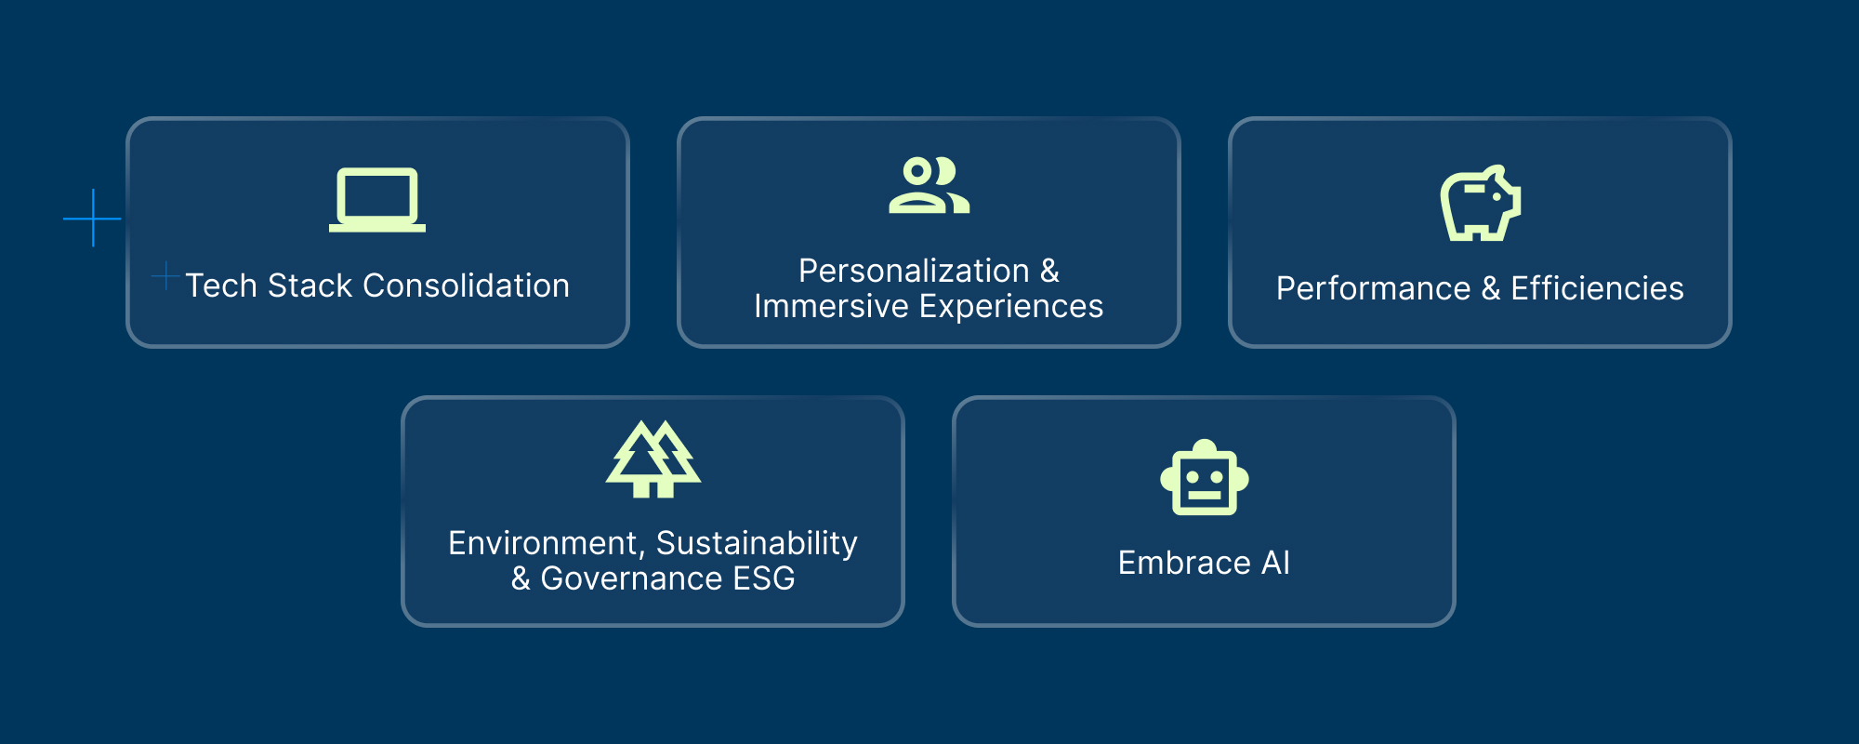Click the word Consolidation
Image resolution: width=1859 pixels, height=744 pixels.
467,286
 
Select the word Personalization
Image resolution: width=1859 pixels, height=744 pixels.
914,271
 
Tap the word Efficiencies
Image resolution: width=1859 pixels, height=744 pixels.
1598,288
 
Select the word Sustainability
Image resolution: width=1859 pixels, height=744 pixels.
757,544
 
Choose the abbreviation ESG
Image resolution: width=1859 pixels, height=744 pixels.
764,578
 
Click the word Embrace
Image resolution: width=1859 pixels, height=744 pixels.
1184,563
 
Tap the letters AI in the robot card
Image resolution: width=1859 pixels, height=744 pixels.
1276,563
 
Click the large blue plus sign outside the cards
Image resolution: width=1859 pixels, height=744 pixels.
92,219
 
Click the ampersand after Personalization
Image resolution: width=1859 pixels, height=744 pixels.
1049,271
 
